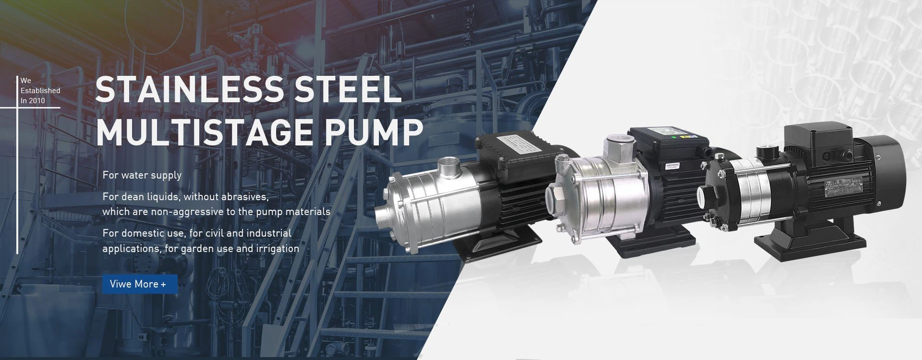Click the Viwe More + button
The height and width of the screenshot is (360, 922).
tap(140, 284)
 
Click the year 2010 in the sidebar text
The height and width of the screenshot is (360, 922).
tap(37, 101)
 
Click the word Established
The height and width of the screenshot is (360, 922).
tap(40, 91)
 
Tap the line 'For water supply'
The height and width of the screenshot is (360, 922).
tap(142, 175)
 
